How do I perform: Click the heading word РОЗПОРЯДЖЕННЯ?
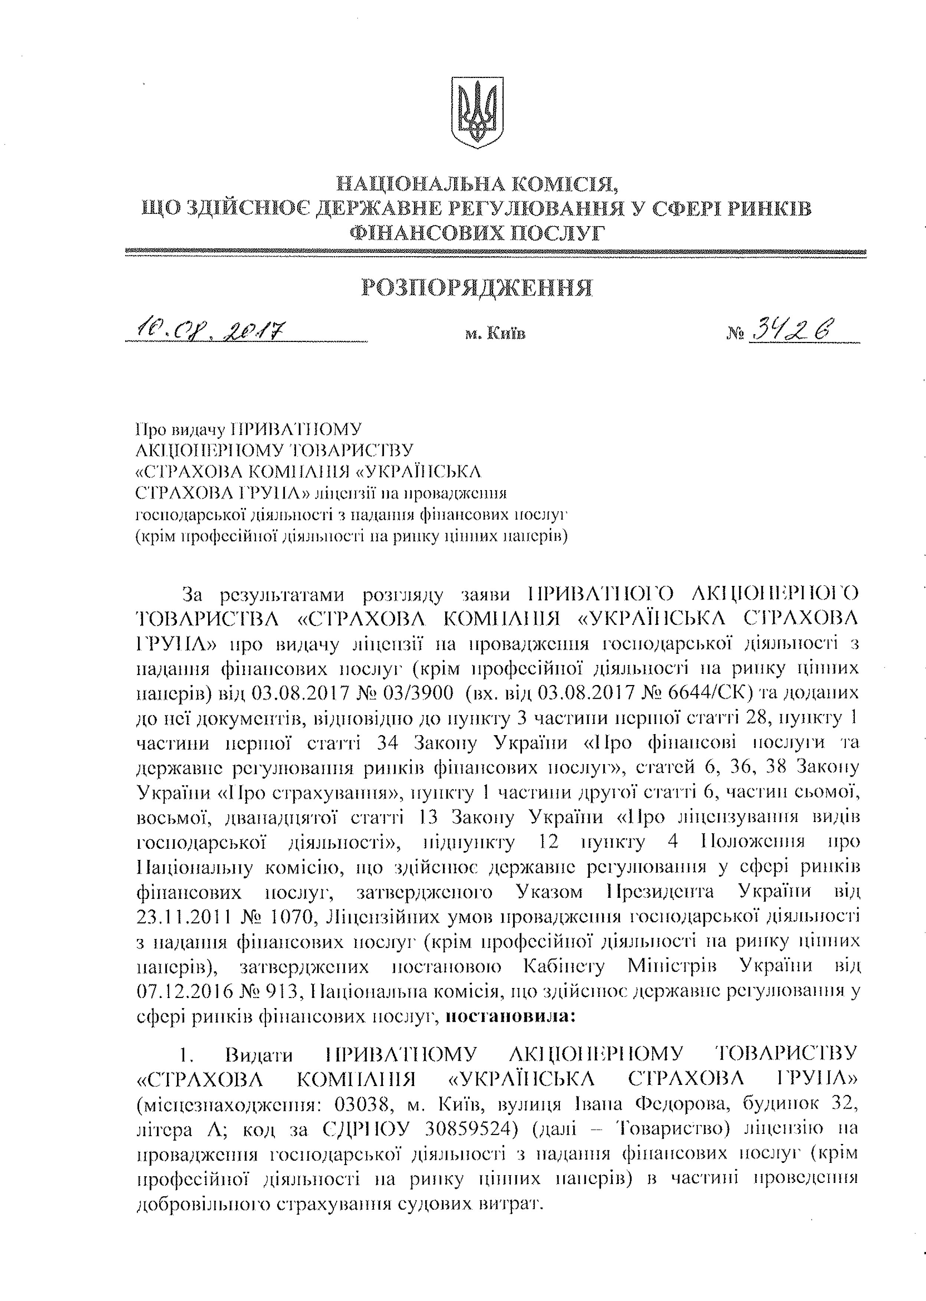477,288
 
